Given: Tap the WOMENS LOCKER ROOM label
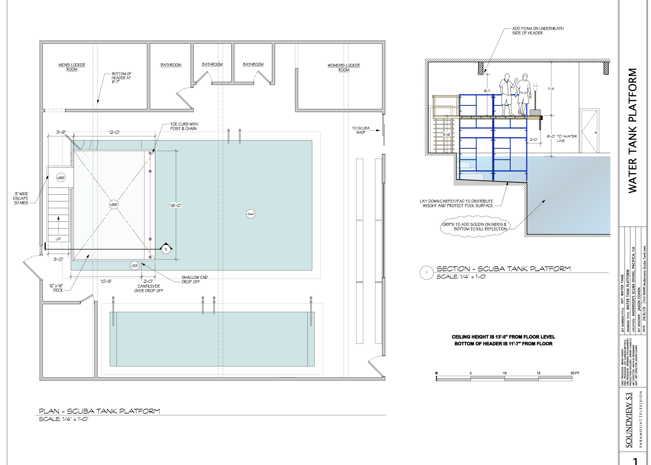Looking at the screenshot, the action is [x=344, y=68].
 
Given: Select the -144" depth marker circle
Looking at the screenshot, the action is [x=250, y=214].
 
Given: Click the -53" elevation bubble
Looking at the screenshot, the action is [x=134, y=265].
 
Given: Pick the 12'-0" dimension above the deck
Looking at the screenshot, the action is [x=114, y=132].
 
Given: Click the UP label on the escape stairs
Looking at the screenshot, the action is [x=58, y=239].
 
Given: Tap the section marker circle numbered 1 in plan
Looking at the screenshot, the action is [x=166, y=249].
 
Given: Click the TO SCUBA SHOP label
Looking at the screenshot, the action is [x=361, y=130].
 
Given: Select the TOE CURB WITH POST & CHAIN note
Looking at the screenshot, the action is [x=184, y=127].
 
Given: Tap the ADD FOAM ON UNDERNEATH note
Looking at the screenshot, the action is [x=538, y=31].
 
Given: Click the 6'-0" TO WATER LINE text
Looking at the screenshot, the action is [x=562, y=138].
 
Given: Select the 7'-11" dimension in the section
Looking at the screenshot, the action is [x=551, y=89].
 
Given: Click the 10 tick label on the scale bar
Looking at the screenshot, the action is [x=505, y=373].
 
